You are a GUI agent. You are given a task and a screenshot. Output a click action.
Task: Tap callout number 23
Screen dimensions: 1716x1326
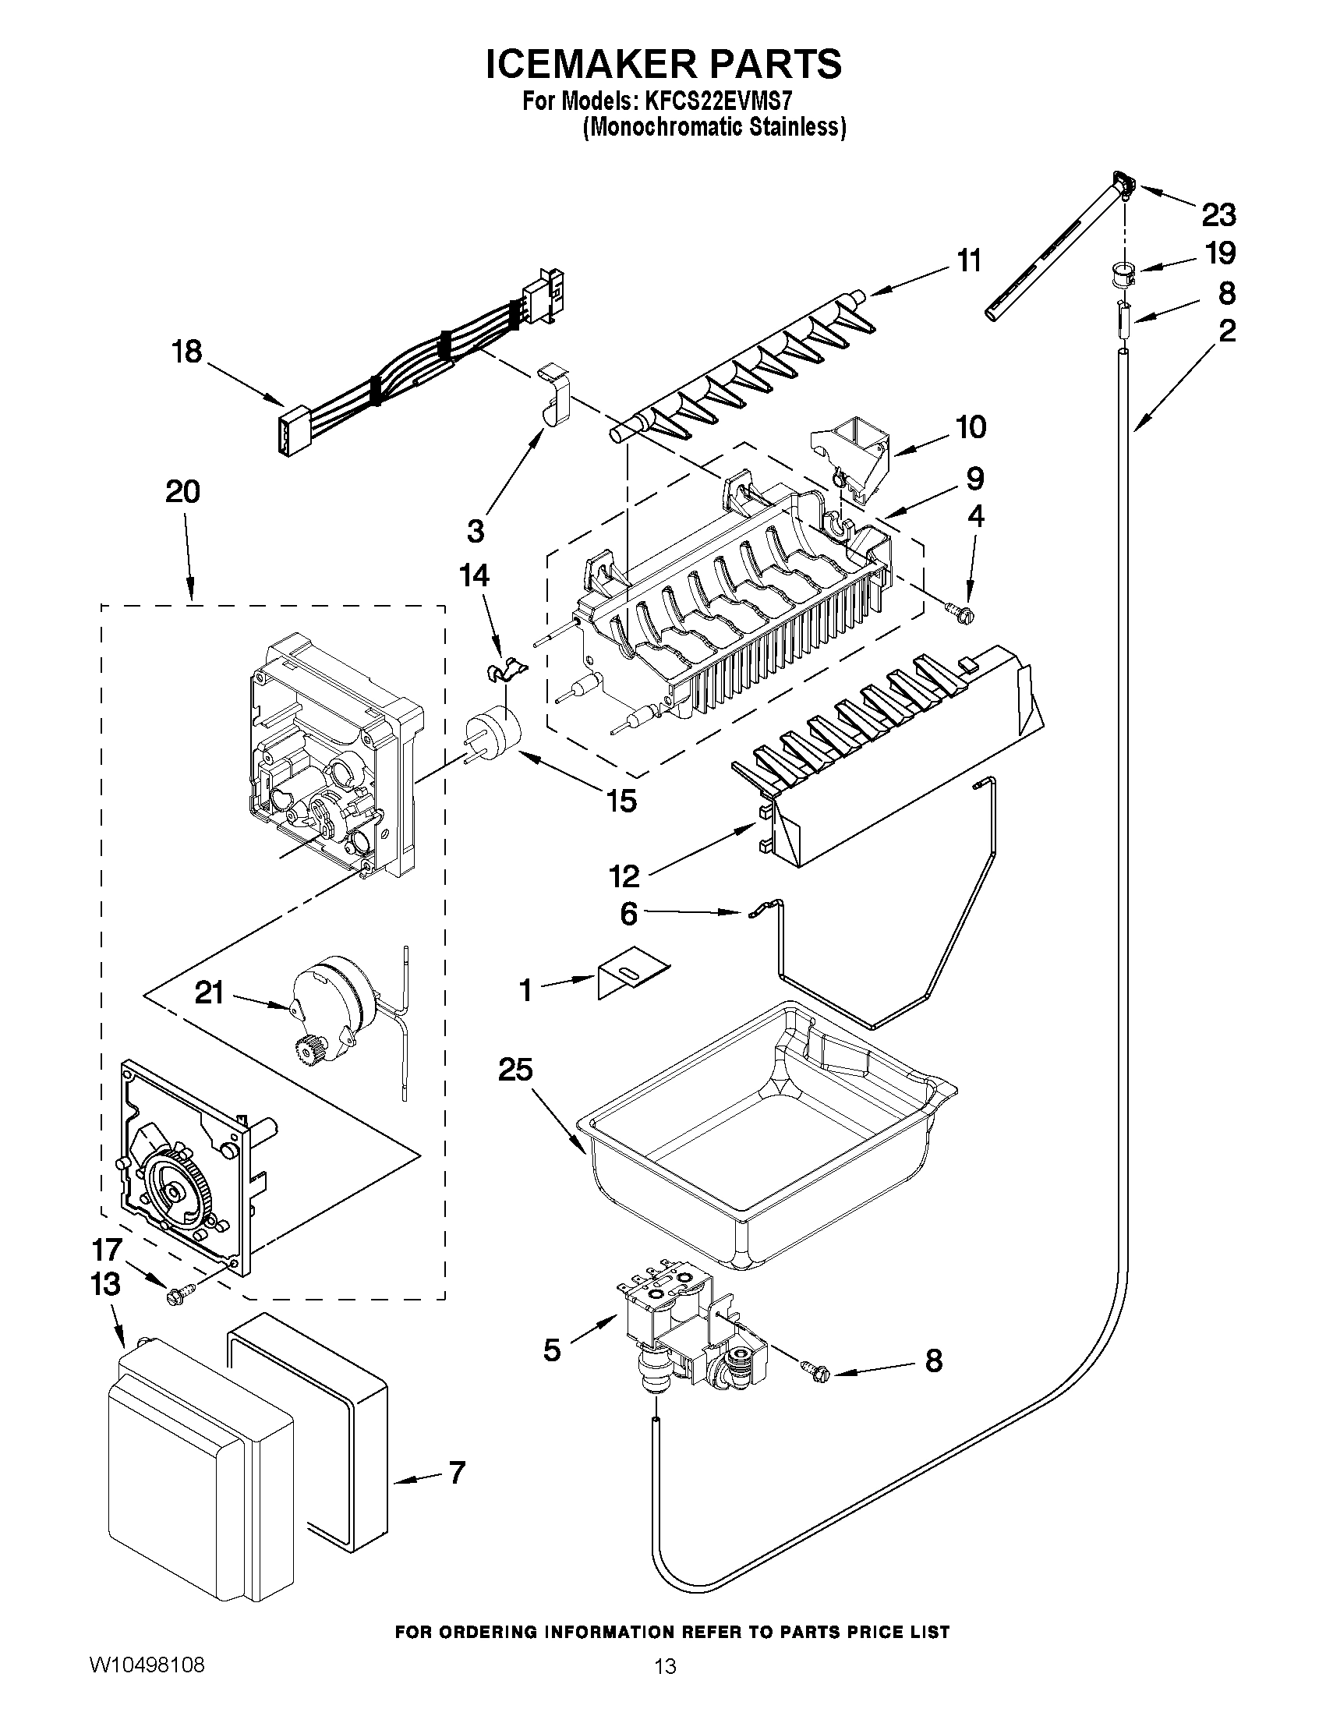tap(1218, 214)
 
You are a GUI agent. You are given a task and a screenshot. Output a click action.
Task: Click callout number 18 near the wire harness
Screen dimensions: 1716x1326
tap(187, 352)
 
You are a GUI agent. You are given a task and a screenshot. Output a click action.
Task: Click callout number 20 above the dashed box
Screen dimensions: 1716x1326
tap(182, 492)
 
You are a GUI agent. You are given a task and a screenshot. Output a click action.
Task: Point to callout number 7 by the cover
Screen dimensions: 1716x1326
tap(457, 1472)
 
